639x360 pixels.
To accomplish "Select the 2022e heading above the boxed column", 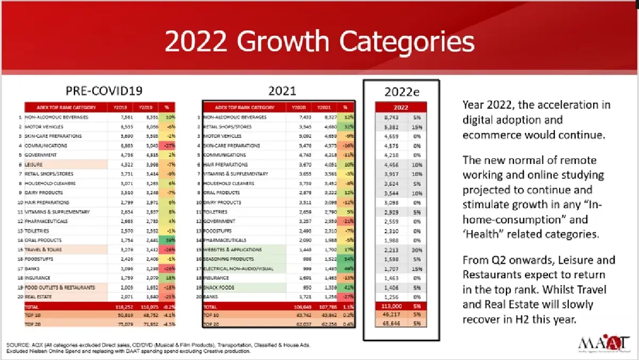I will [402, 92].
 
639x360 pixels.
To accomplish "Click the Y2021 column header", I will [322, 107].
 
